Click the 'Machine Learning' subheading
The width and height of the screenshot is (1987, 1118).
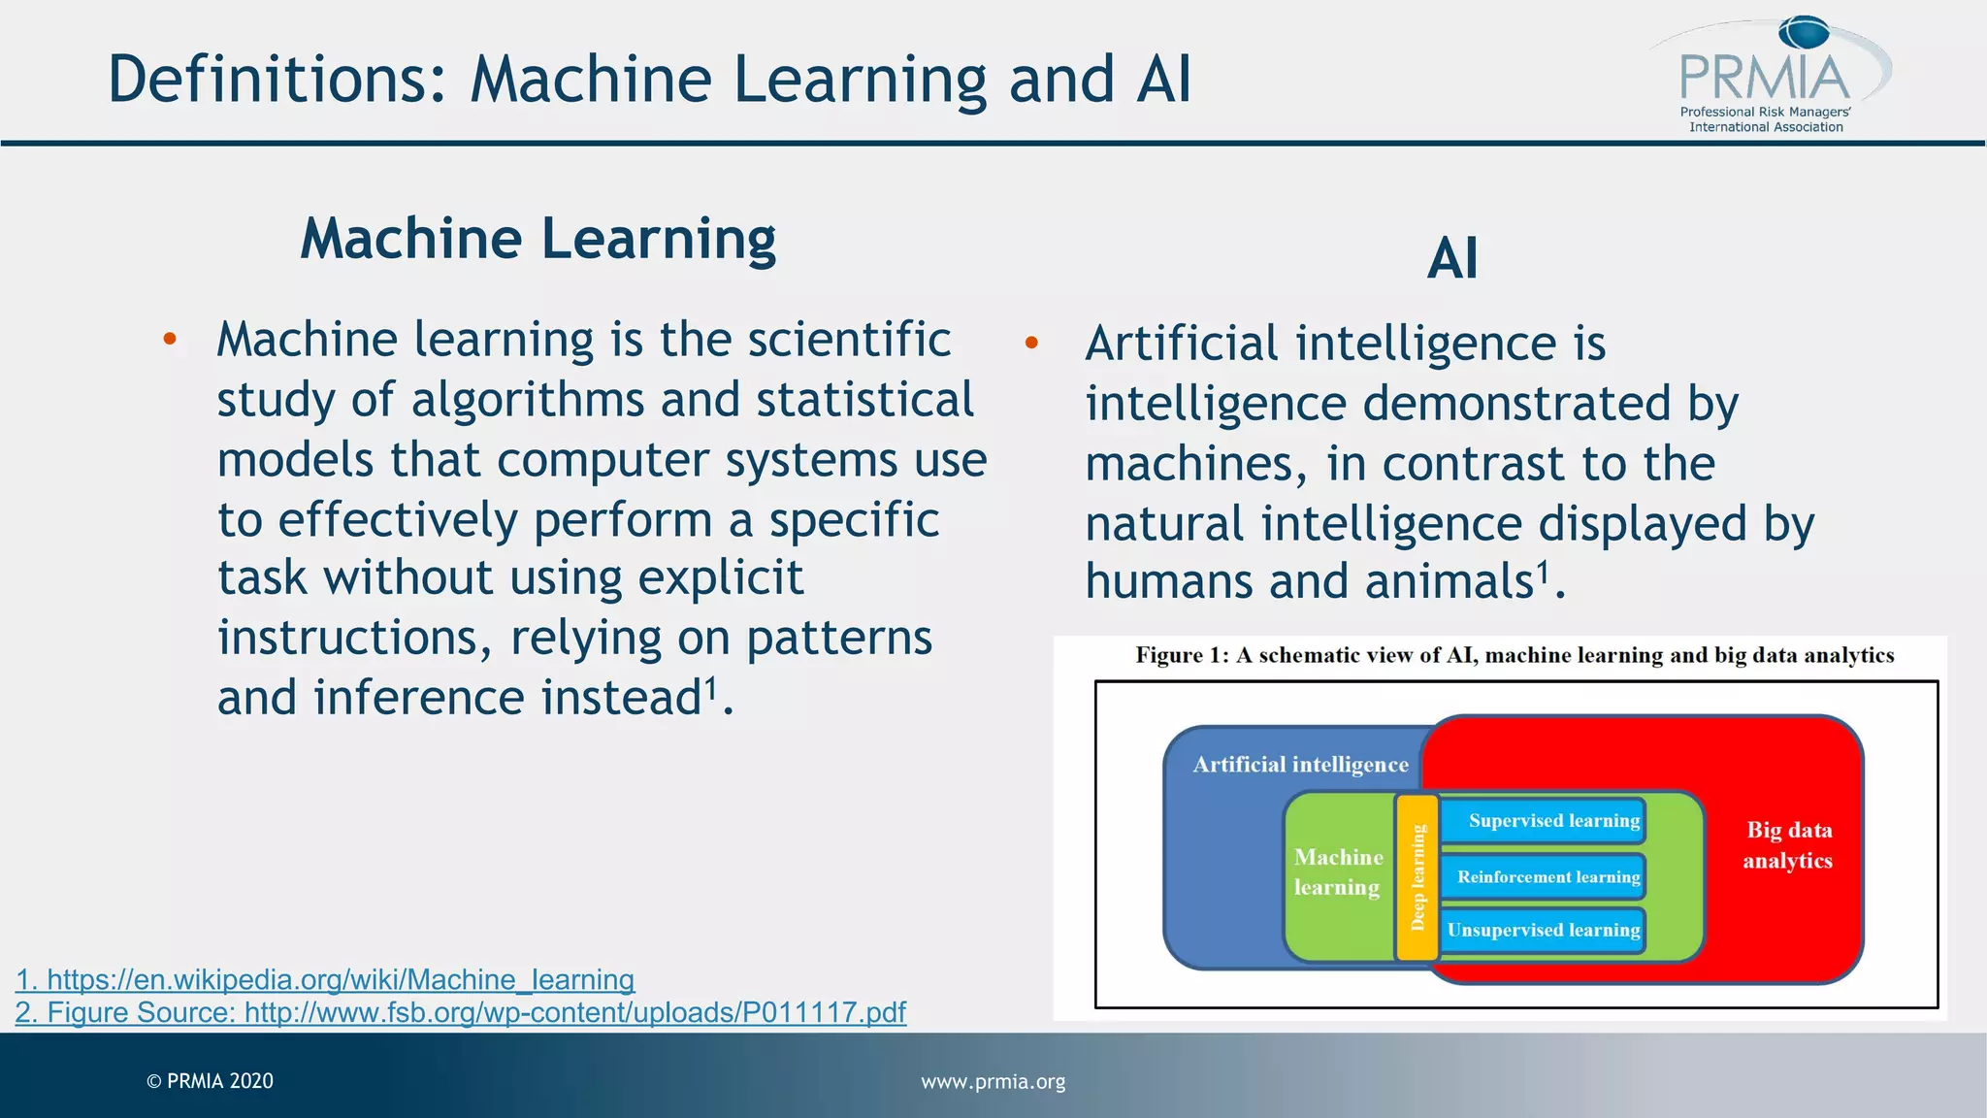click(x=538, y=239)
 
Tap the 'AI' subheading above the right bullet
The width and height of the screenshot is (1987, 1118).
click(x=1452, y=259)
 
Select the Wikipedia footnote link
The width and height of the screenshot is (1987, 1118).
click(x=325, y=979)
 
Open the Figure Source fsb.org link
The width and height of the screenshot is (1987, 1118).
click(x=461, y=1012)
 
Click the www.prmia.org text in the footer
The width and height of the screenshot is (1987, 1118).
click(x=993, y=1081)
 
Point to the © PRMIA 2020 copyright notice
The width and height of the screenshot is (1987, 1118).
click(x=210, y=1081)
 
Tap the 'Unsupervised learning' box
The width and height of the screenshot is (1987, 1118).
click(x=1543, y=930)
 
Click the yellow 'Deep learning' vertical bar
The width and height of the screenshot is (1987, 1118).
click(x=1417, y=877)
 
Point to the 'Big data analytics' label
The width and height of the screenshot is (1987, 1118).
click(x=1788, y=845)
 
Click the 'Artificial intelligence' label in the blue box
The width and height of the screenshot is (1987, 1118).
click(x=1300, y=765)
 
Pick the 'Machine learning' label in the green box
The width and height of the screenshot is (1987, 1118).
click(x=1338, y=871)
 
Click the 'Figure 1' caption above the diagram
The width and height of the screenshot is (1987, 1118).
click(x=1514, y=655)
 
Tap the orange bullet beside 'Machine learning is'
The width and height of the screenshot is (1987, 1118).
click(x=170, y=339)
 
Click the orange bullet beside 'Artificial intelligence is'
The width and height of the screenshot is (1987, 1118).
click(x=1031, y=343)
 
